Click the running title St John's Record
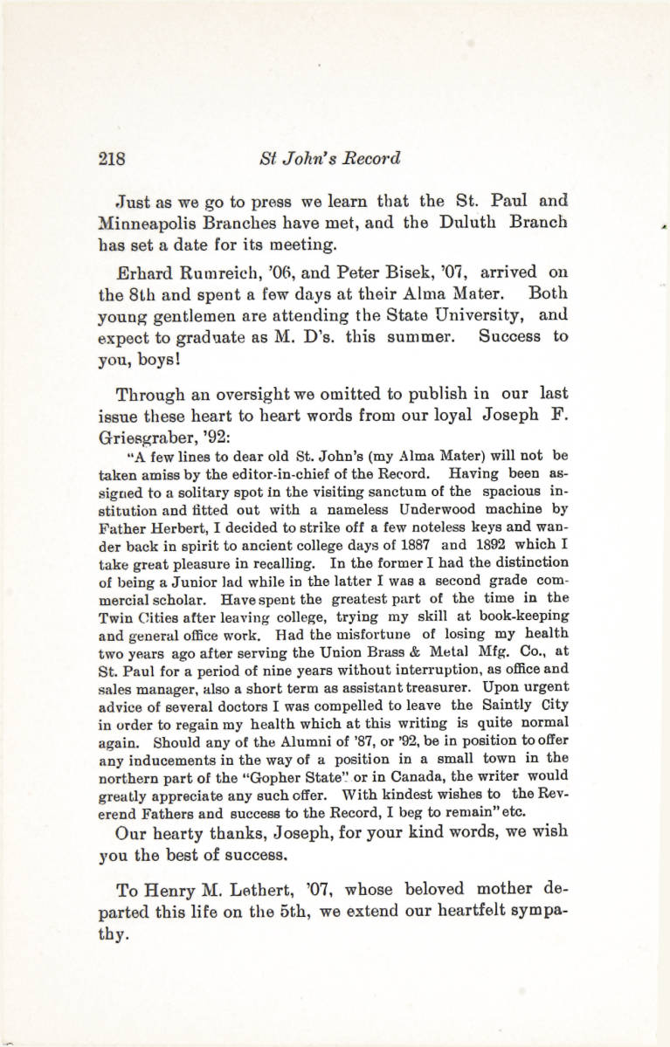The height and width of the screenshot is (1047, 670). coord(329,159)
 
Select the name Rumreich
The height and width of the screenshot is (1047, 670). coord(207,272)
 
